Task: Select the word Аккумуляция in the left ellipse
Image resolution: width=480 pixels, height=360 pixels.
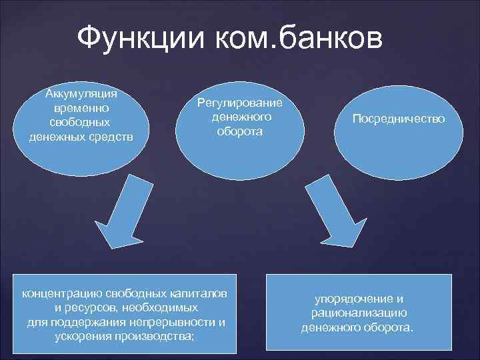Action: coord(81,93)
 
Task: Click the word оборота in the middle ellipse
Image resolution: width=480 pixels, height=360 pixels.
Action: coord(239,131)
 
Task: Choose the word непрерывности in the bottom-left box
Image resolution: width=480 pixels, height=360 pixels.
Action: coord(174,323)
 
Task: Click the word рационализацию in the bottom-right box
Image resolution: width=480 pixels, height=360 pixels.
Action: coord(359,313)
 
